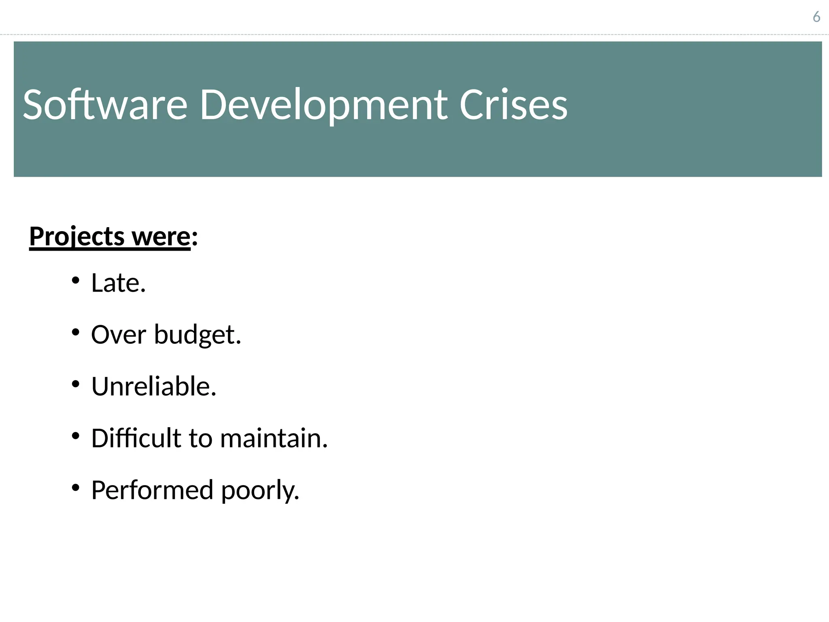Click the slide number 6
click(816, 17)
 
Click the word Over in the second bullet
click(118, 334)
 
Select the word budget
click(197, 335)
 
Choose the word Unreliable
click(153, 386)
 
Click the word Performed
click(152, 490)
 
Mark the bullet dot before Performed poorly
click(75, 488)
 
